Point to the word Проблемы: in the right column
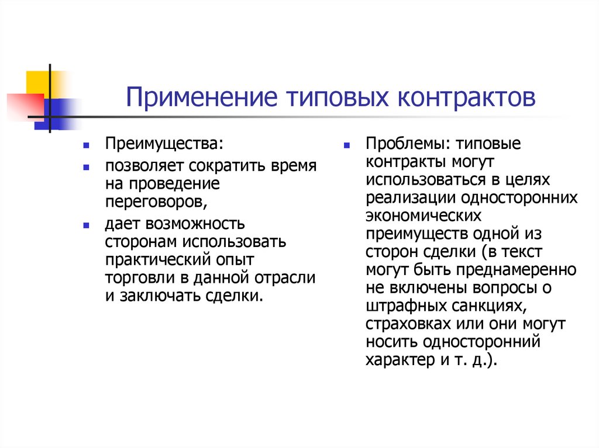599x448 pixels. pyautogui.click(x=402, y=144)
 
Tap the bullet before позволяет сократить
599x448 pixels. pyautogui.click(x=86, y=167)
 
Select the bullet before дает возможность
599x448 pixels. pyautogui.click(x=86, y=224)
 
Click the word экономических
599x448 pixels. pyautogui.click(x=424, y=216)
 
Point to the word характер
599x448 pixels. pyautogui.click(x=393, y=360)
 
